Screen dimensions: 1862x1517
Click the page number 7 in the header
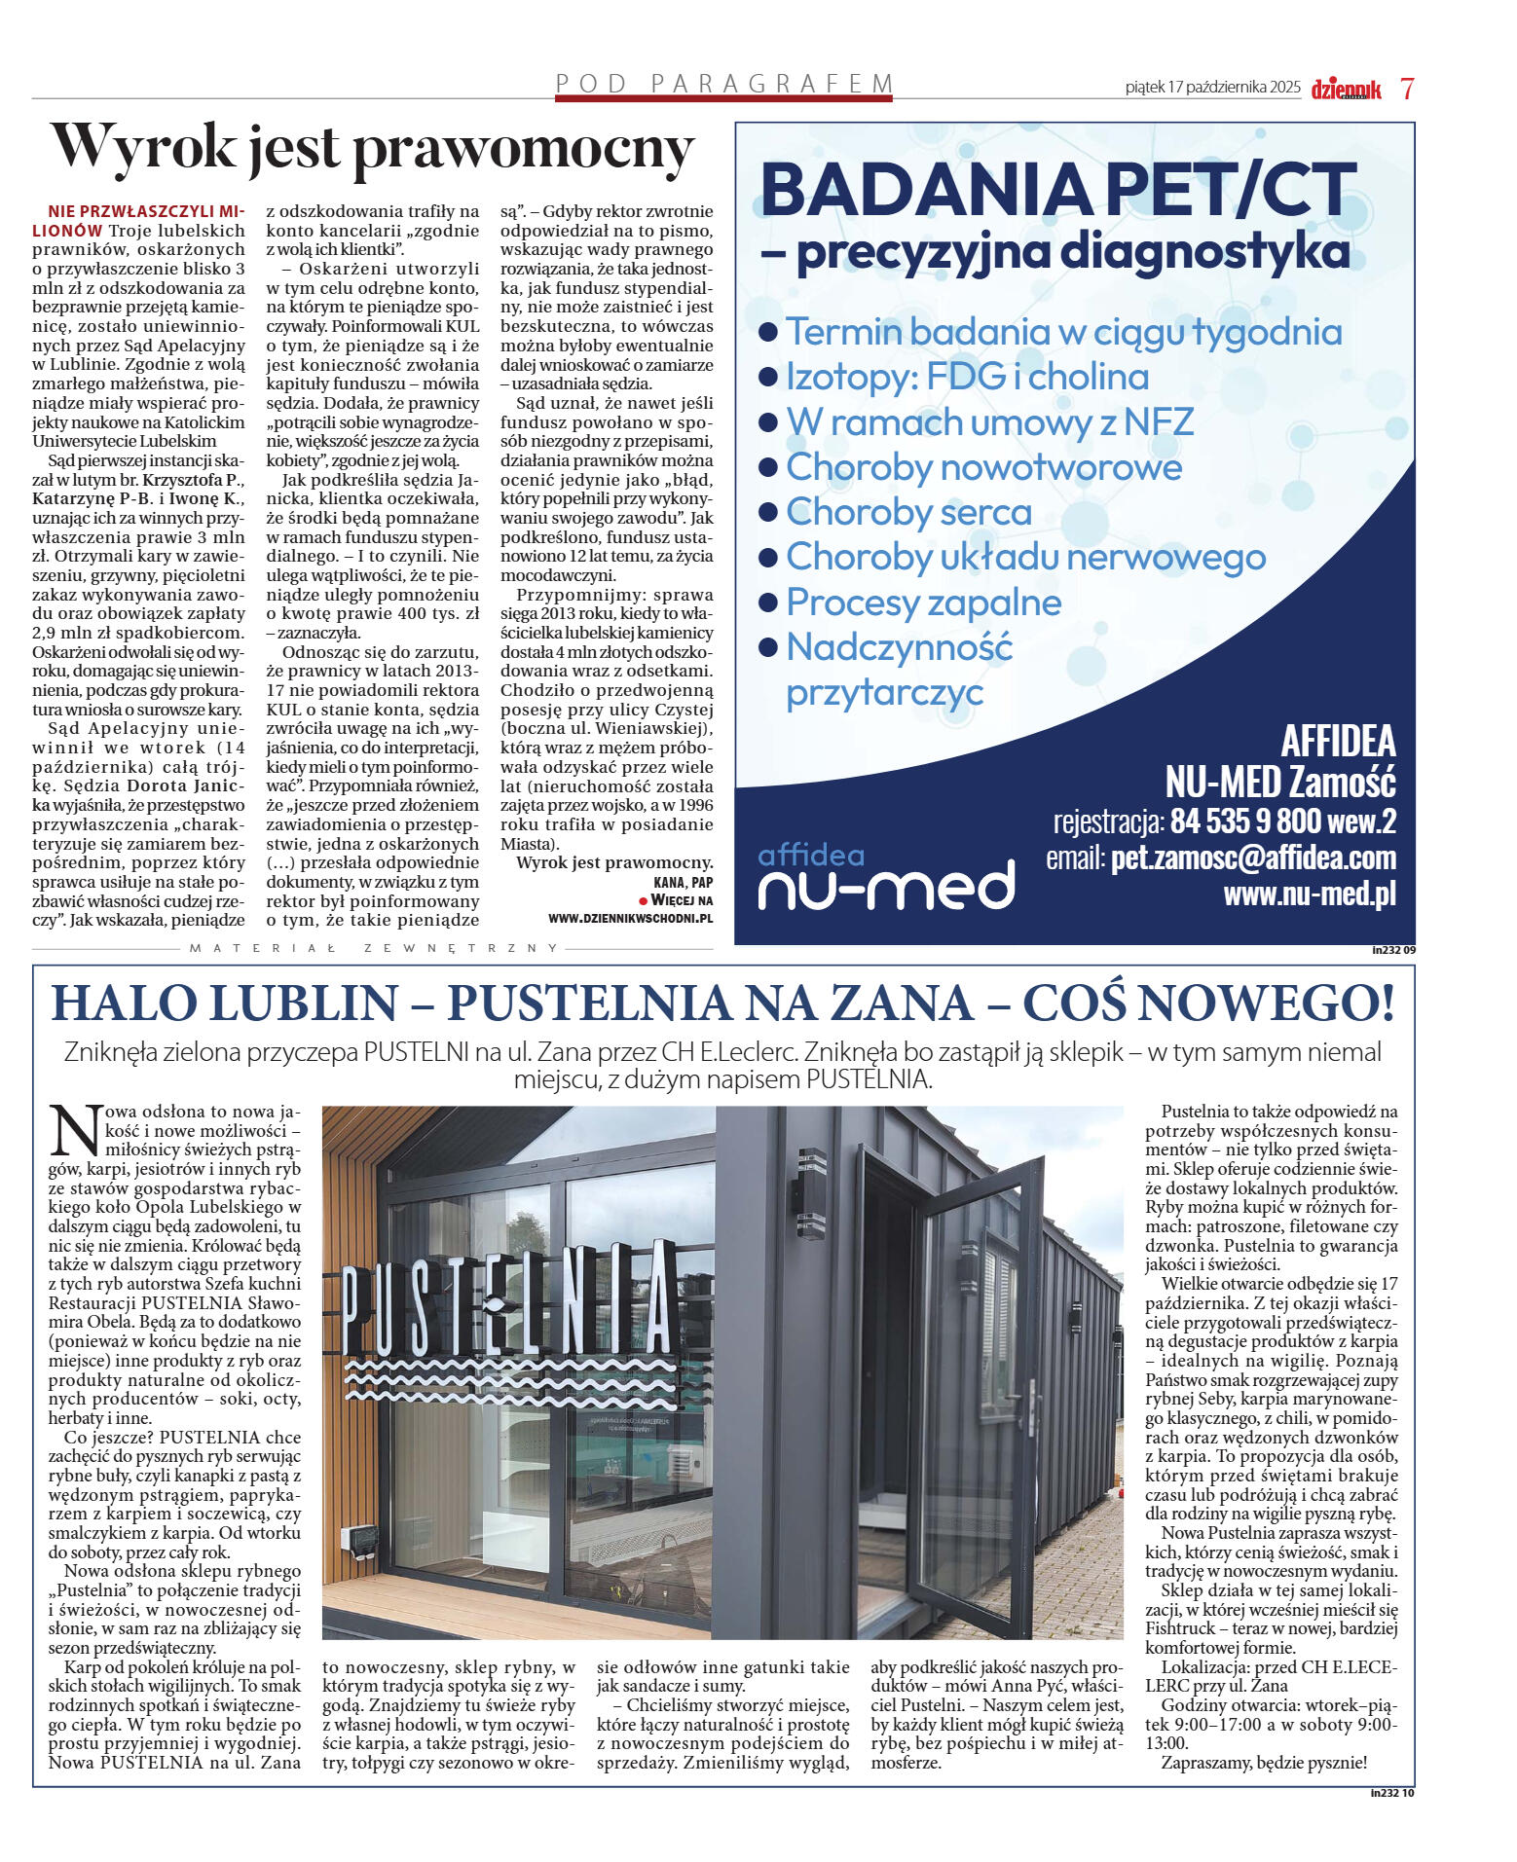pos(1407,89)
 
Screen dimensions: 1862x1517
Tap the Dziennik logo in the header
pos(1346,90)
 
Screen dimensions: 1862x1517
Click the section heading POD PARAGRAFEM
pos(723,84)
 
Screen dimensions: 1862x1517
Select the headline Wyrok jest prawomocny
pos(372,148)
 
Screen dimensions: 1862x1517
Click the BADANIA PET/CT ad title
pos(1058,189)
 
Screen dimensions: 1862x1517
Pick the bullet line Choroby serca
pos(908,512)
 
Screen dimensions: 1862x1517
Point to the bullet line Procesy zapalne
pos(923,602)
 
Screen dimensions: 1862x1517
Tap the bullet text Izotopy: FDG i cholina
pos(967,377)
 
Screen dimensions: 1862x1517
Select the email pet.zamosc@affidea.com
pos(1253,858)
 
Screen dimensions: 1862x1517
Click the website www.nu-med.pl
pos(1309,894)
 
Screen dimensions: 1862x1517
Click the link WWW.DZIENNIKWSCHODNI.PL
pos(630,918)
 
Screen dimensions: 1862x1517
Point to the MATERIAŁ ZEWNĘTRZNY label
pos(374,947)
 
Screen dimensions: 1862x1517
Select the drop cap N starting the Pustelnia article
pos(75,1130)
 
